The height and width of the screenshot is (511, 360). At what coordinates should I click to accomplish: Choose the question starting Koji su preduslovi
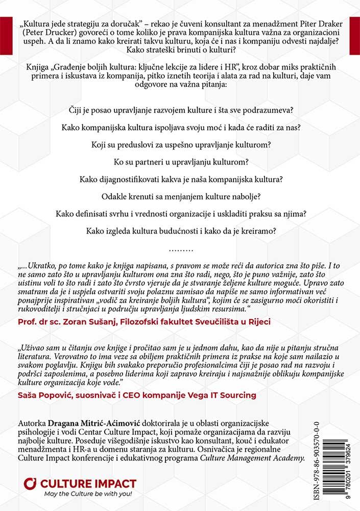point(179,145)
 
